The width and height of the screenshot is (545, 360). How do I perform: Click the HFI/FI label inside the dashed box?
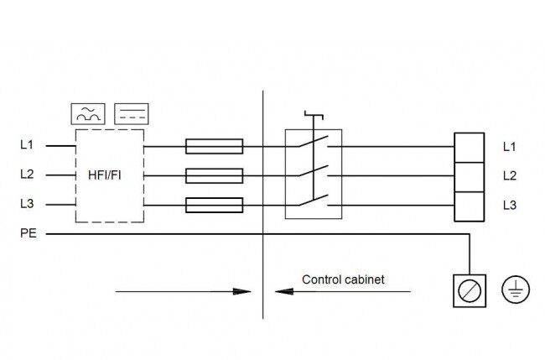point(105,175)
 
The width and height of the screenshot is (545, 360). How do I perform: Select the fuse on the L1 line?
point(214,147)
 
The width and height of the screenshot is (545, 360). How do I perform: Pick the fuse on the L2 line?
point(214,176)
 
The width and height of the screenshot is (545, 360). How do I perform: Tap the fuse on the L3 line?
point(214,206)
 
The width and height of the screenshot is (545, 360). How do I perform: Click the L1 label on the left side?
point(27,144)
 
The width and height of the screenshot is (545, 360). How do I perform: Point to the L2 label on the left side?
point(27,174)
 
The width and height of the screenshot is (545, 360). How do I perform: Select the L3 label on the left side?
point(27,203)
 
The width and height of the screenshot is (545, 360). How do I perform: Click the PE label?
point(29,233)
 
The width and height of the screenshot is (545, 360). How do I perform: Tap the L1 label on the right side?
point(510,147)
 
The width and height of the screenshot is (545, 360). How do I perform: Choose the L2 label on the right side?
point(510,175)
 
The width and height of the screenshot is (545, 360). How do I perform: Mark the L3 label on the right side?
point(510,206)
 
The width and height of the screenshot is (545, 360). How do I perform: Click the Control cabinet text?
point(343,279)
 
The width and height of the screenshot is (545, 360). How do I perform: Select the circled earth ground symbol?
point(516,290)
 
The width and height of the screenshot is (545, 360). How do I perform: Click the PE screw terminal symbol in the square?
point(470,291)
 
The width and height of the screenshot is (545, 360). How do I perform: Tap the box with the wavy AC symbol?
point(88,114)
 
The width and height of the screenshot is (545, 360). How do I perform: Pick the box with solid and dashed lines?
point(132,114)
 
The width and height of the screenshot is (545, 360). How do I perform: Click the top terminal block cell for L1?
point(470,148)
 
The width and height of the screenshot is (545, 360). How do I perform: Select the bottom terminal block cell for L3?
point(470,206)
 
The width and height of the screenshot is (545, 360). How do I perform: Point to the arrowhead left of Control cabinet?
point(284,291)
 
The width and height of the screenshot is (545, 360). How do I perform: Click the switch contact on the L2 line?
point(313,171)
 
